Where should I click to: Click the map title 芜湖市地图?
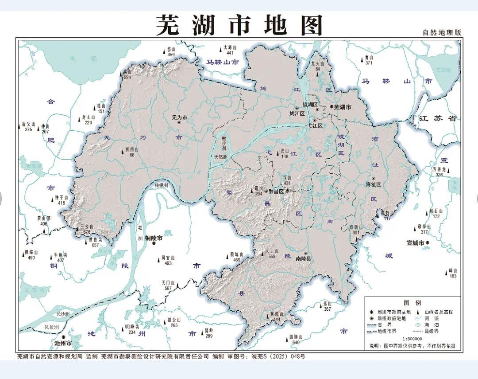pyautogui.click(x=239, y=25)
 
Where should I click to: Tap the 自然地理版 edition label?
pyautogui.click(x=441, y=32)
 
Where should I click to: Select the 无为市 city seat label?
pyautogui.click(x=179, y=117)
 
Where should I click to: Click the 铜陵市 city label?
pyautogui.click(x=154, y=238)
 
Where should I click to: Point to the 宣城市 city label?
pyautogui.click(x=416, y=243)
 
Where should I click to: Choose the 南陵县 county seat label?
pyautogui.click(x=304, y=258)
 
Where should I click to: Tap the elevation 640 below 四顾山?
pyautogui.click(x=296, y=342)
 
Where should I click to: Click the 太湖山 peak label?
pyautogui.click(x=230, y=47)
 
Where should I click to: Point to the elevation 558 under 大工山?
pyautogui.click(x=272, y=256)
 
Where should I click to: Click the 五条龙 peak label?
pyautogui.click(x=439, y=169)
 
